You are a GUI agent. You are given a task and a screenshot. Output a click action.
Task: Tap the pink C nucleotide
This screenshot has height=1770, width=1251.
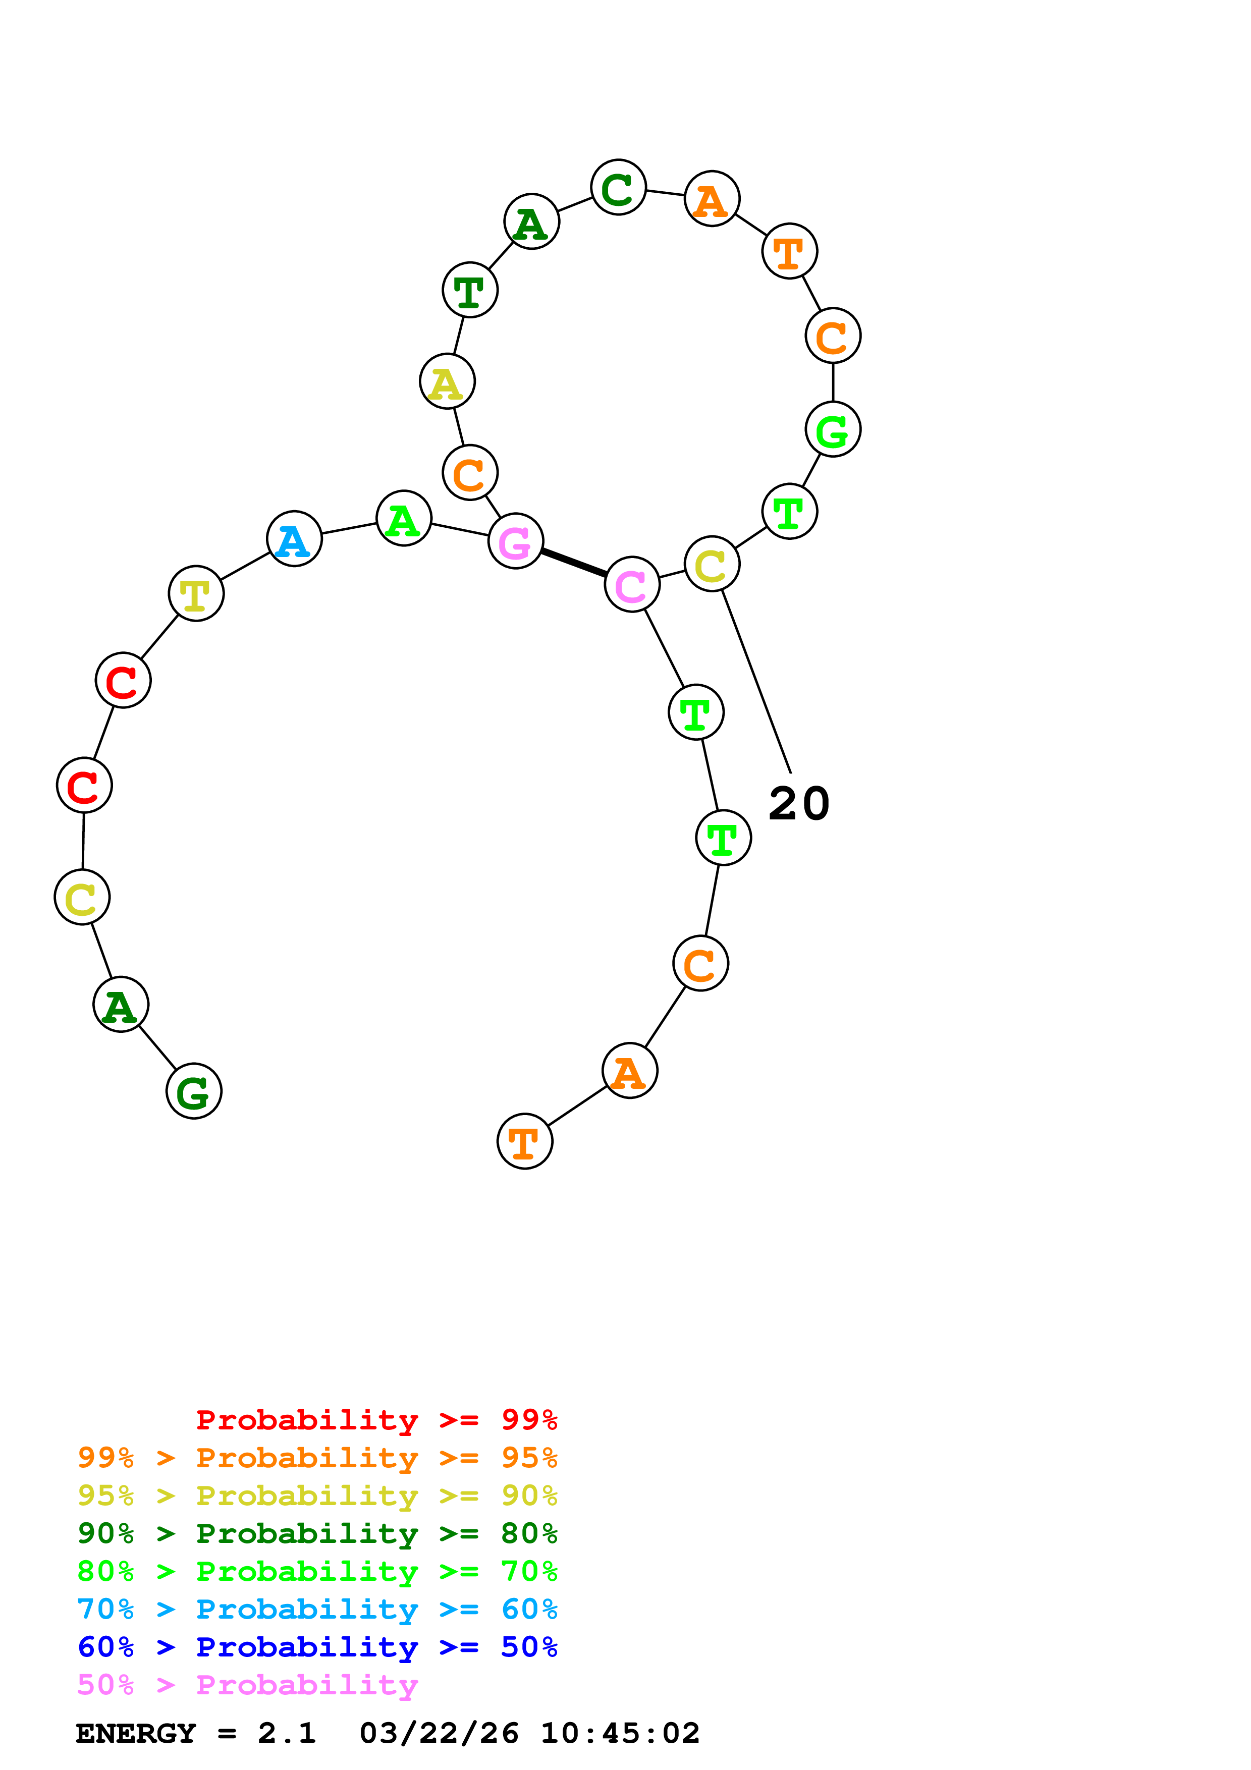632,584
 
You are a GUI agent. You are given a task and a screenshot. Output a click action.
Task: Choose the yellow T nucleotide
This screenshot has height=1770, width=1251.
196,593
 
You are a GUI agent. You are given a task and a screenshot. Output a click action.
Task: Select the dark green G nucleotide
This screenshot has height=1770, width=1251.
193,1091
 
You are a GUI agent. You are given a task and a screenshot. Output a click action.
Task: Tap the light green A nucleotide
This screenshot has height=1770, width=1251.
403,518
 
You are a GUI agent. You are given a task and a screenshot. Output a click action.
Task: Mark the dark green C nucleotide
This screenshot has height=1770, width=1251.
618,187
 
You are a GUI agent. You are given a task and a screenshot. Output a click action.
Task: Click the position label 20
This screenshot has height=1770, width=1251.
798,804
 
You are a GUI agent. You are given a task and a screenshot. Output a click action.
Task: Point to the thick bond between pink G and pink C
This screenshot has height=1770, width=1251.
573,563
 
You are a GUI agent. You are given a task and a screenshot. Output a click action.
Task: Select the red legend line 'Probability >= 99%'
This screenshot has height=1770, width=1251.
376,1419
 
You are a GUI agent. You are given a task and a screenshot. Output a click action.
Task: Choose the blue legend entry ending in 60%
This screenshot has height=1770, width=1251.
317,1609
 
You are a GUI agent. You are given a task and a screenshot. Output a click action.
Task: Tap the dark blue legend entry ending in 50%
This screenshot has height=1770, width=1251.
317,1647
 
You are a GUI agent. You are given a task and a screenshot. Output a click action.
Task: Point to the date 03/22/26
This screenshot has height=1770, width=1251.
439,1733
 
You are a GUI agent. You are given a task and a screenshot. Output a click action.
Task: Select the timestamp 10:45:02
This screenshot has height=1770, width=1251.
620,1733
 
